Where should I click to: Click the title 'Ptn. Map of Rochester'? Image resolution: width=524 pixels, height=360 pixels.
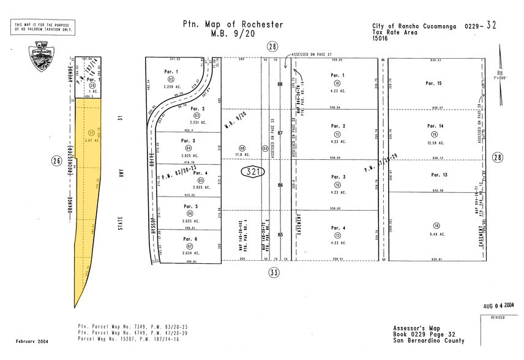coord(233,24)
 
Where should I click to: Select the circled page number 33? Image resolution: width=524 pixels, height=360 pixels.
coord(273,273)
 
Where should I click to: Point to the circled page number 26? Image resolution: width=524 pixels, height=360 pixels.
coord(57,162)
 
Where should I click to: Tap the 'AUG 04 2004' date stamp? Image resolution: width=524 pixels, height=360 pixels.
coord(500,305)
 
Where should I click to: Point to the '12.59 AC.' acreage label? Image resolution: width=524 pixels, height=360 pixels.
coord(434,143)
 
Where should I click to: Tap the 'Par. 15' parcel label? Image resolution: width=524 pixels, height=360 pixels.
coord(433,83)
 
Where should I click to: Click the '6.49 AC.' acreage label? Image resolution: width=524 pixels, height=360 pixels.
coord(433,234)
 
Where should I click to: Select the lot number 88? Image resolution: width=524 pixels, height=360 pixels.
coord(280,84)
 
